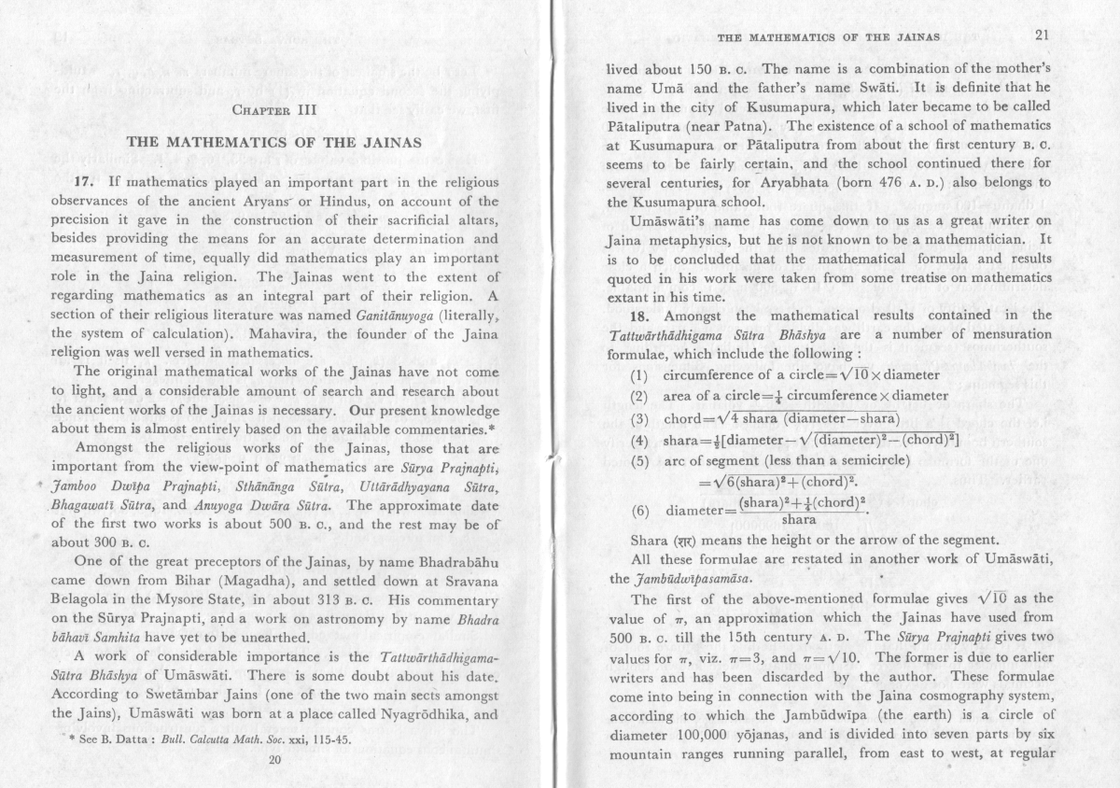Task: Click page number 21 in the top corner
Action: pos(1042,36)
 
